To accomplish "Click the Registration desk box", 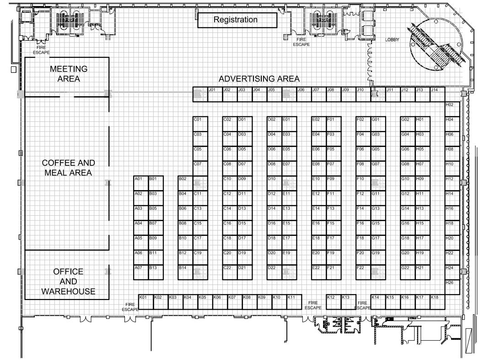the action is (x=237, y=20).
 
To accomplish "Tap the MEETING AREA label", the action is (x=69, y=74).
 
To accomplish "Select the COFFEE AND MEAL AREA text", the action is (x=68, y=168).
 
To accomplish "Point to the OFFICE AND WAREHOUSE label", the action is (x=68, y=281).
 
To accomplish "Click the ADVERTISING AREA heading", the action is (x=259, y=79).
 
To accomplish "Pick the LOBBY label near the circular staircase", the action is (x=392, y=40).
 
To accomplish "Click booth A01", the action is (x=141, y=183).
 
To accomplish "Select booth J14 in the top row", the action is (x=437, y=94).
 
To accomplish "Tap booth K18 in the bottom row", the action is (x=437, y=302).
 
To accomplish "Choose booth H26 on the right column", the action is (x=452, y=287).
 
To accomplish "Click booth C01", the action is (x=200, y=124).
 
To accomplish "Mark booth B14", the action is (x=185, y=273).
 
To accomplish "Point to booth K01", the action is (x=146, y=302).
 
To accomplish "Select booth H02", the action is (x=452, y=109).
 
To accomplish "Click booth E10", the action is (x=319, y=183).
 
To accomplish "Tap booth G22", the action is (x=408, y=273).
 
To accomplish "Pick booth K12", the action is (x=334, y=302).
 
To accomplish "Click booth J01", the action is (x=215, y=94).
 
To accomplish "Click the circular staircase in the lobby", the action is (x=436, y=44).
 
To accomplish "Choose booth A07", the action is (x=141, y=273).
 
